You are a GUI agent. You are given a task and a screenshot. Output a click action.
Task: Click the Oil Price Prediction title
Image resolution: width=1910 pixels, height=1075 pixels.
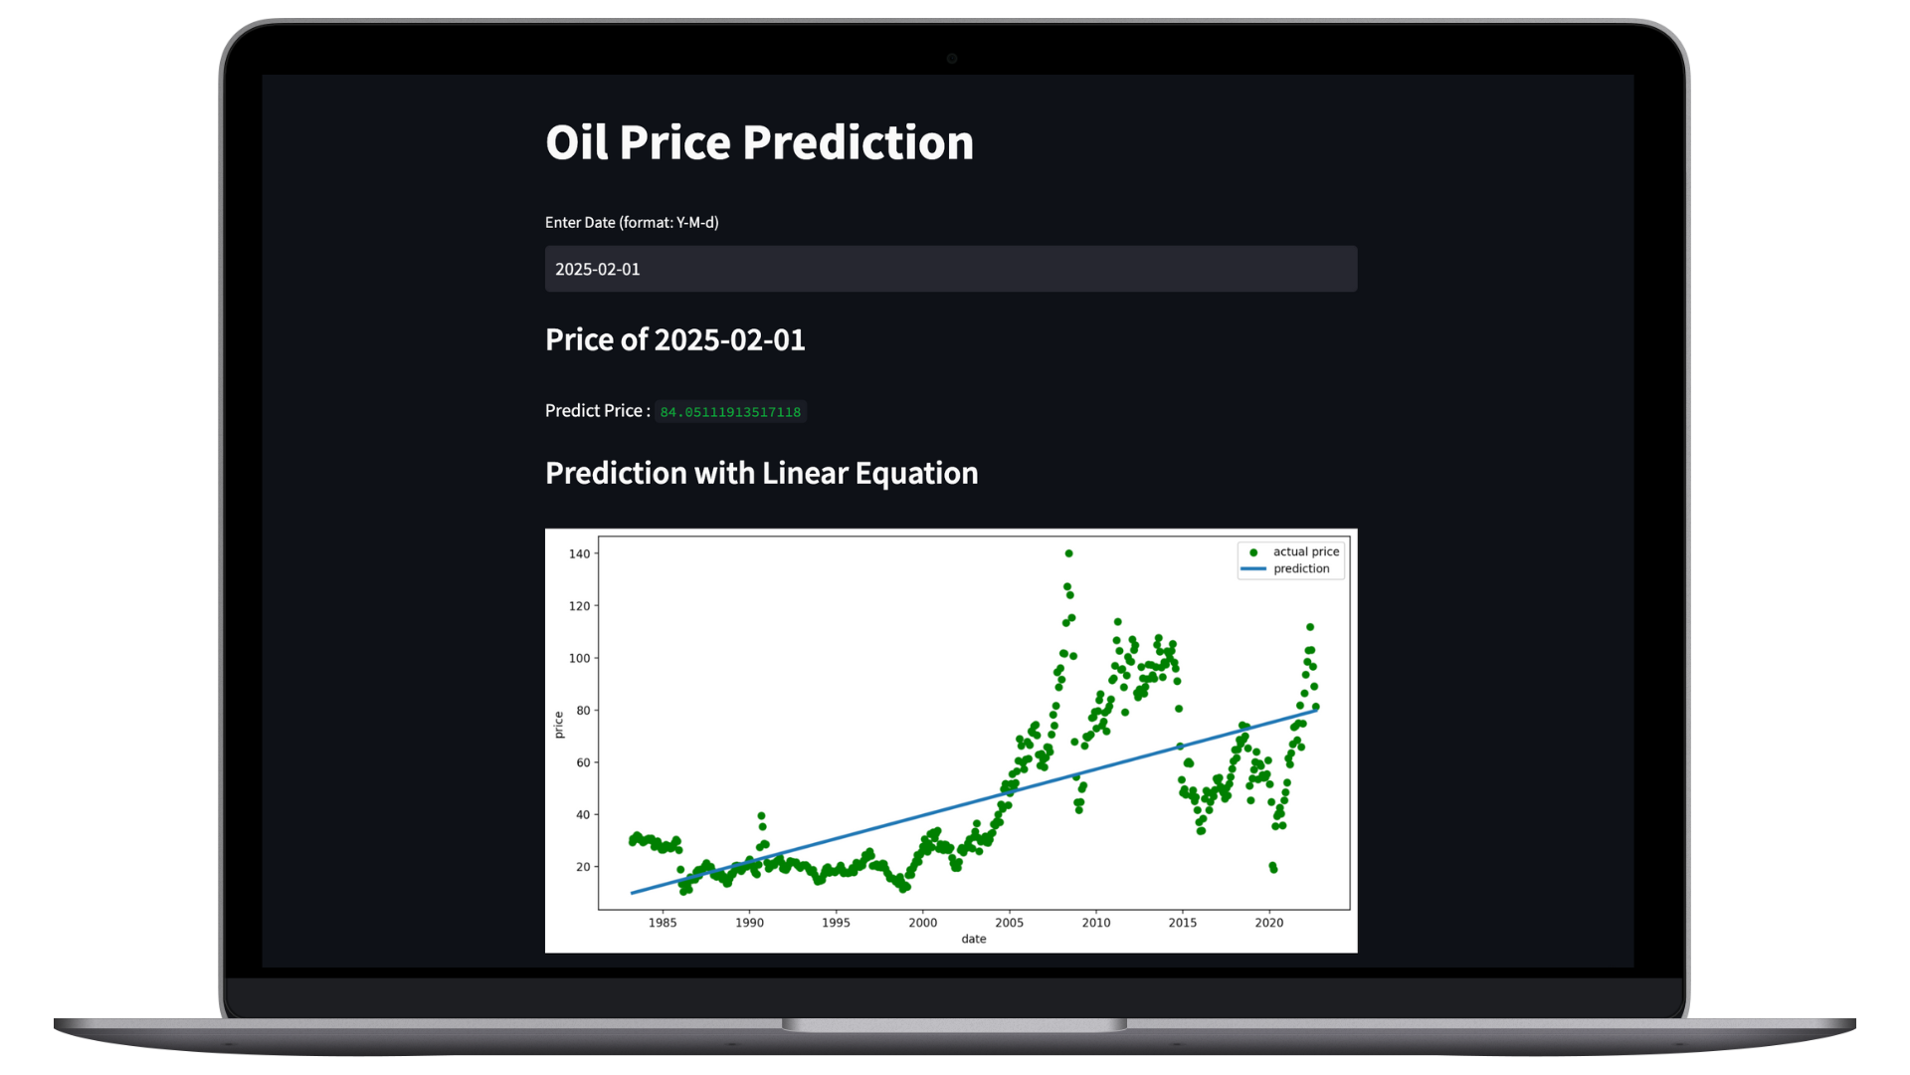tap(759, 142)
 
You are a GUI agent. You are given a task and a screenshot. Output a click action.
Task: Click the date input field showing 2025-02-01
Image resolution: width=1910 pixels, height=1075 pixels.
tap(951, 269)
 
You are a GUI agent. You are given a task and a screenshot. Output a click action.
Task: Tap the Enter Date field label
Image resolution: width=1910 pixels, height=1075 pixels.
tap(632, 222)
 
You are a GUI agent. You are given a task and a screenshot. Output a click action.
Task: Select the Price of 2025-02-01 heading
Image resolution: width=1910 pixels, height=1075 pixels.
tap(675, 339)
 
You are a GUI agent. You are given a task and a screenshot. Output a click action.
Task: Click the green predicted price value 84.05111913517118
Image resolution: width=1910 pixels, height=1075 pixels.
tap(730, 412)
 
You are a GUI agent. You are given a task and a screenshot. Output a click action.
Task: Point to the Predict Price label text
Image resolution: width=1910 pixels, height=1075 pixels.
tap(598, 410)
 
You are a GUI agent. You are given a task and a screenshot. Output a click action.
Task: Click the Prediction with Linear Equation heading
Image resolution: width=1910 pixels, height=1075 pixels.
tap(762, 473)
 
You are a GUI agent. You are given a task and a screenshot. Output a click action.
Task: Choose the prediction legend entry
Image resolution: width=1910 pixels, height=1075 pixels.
tap(1286, 568)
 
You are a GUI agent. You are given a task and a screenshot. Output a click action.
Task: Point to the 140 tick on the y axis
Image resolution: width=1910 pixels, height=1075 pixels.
tap(579, 553)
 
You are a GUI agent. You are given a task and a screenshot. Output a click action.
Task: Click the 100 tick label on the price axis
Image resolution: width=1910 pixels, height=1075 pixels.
tap(579, 658)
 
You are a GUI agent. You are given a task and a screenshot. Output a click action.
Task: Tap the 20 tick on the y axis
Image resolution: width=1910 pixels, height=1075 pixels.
tap(583, 867)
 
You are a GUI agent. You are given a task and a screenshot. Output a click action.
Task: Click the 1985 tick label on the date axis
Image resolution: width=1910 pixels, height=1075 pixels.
tap(663, 923)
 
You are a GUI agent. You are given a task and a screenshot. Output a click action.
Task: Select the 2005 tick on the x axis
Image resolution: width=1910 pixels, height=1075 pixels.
tap(1009, 923)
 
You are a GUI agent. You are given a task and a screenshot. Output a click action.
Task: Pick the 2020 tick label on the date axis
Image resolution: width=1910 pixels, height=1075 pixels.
tap(1269, 923)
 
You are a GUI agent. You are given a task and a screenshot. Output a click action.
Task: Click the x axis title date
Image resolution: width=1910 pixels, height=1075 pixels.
tap(974, 939)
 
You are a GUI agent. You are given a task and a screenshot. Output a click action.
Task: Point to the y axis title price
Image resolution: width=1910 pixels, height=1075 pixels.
tap(558, 725)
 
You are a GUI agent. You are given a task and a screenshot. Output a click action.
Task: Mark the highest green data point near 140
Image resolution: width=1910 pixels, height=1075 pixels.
tap(1068, 553)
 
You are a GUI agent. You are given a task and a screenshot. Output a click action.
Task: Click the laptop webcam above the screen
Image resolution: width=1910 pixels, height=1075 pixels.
tap(952, 59)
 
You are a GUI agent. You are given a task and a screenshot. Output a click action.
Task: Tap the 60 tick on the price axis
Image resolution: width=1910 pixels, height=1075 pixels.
tap(583, 762)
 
